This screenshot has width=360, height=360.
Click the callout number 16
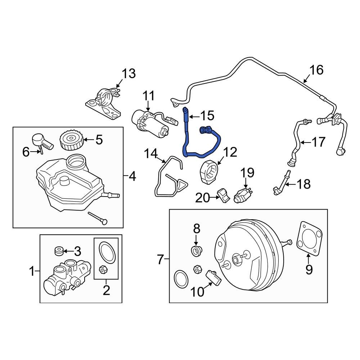317,69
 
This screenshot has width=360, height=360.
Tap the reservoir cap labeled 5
71,141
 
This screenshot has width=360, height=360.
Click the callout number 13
128,74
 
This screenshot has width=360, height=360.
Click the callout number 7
160,258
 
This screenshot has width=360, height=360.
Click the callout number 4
132,177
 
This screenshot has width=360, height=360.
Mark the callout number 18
303,184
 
